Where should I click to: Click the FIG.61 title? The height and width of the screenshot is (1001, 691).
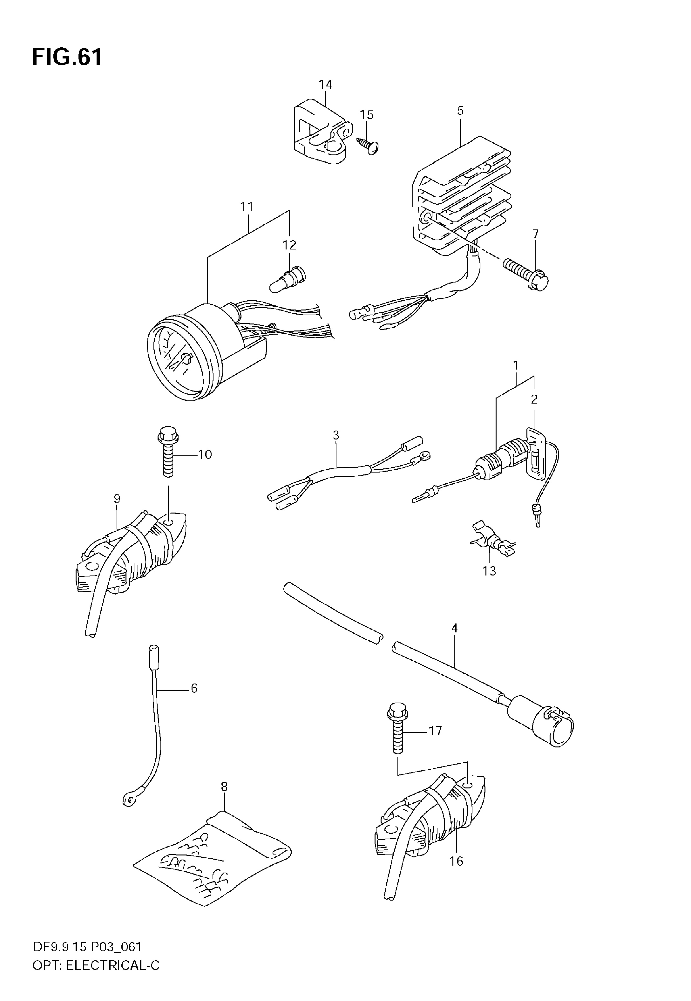[67, 57]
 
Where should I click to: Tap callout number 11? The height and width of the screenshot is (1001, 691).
[247, 207]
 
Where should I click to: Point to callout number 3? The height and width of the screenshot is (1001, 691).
[336, 435]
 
